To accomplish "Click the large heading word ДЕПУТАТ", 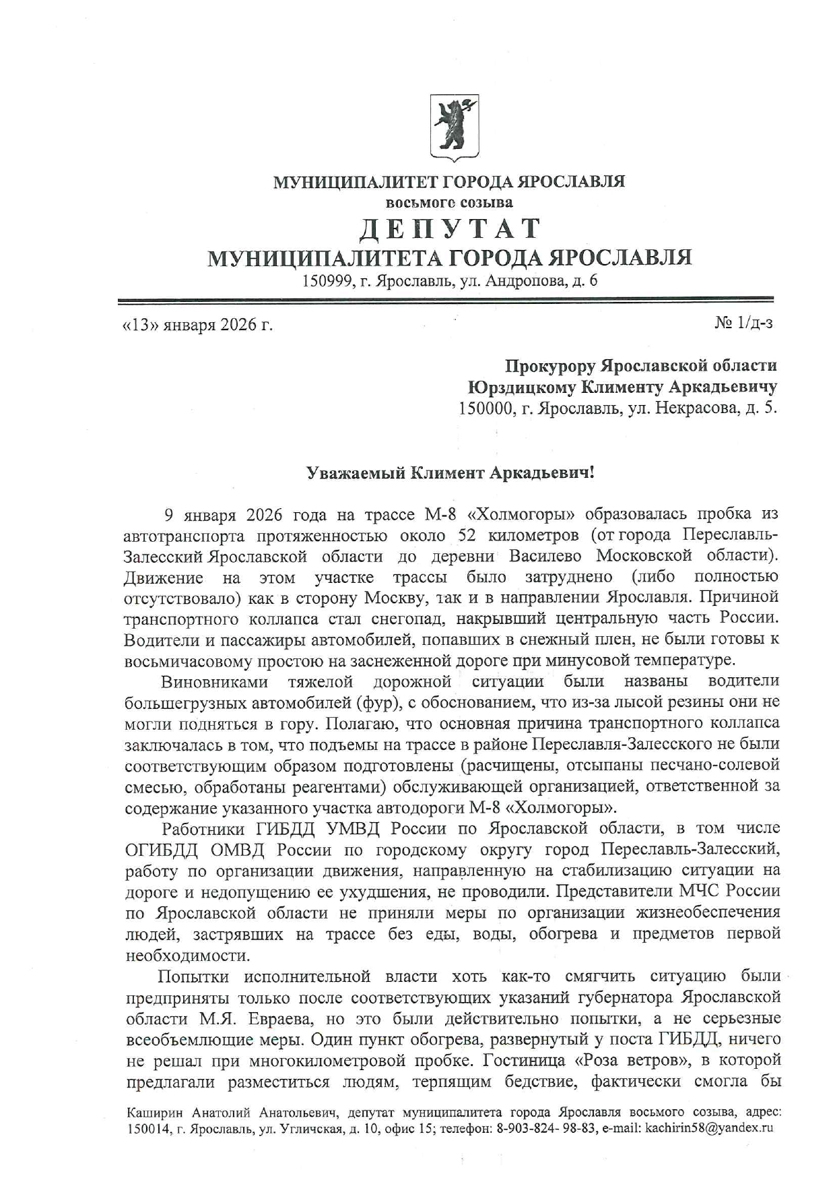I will coord(449,230).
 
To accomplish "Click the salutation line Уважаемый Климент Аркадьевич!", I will coord(450,473).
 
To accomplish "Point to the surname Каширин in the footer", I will coord(154,1113).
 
